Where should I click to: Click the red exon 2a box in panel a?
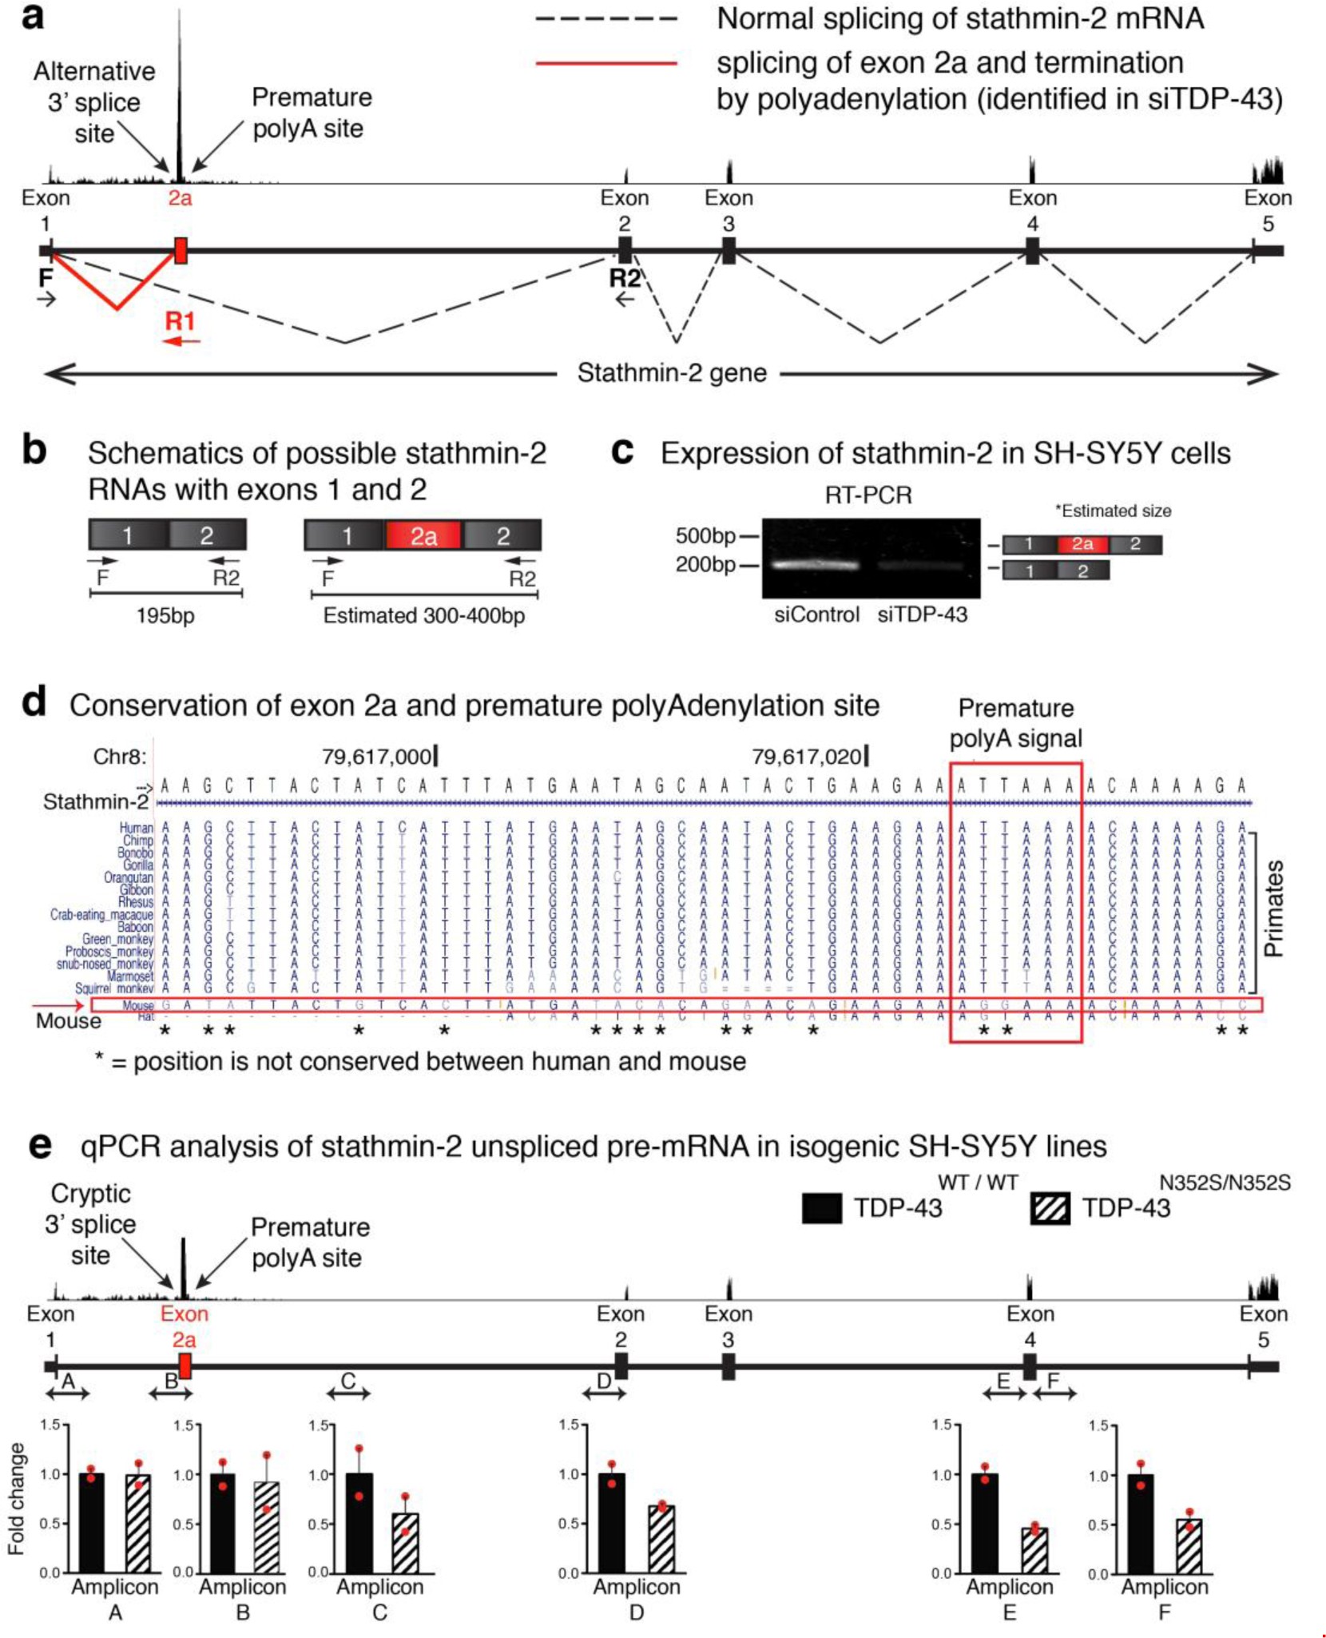[181, 250]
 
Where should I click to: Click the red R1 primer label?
[180, 321]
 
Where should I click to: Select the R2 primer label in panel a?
[625, 278]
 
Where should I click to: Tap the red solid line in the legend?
[606, 62]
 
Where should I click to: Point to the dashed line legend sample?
[606, 18]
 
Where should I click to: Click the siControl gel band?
[816, 564]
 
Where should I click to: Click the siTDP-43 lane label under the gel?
[922, 614]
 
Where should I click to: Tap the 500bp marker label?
[705, 535]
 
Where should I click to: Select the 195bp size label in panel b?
[165, 616]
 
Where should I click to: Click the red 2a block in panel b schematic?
[423, 535]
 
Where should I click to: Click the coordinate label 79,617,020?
[807, 756]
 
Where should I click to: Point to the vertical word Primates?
[1273, 908]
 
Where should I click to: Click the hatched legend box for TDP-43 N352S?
[1050, 1208]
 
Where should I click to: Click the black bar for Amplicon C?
[359, 1522]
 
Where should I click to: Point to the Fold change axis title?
[16, 1498]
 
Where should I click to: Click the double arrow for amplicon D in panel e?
[604, 1393]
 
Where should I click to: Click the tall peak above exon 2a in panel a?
[180, 96]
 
